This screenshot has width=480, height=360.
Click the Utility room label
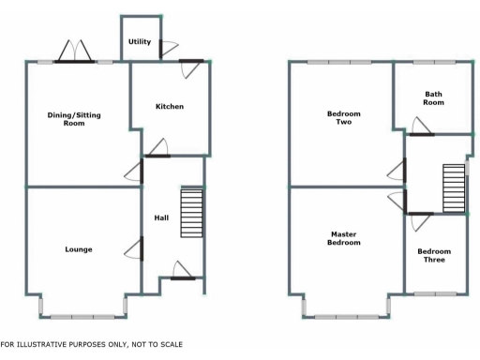[x=140, y=42]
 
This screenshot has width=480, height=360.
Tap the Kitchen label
[x=170, y=107]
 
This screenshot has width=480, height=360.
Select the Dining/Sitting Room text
[x=74, y=119]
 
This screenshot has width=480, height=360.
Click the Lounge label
[x=79, y=249]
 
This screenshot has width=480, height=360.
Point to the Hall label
[x=161, y=218]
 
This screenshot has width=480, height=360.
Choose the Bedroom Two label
[x=343, y=118]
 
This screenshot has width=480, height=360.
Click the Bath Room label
[x=433, y=98]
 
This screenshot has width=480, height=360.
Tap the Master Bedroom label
[x=344, y=238]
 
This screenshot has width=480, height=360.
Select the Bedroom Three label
[x=434, y=255]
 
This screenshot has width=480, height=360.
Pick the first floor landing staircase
[x=453, y=188]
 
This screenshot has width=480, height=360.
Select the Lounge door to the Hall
[x=137, y=248]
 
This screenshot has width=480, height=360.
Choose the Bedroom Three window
[x=438, y=294]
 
